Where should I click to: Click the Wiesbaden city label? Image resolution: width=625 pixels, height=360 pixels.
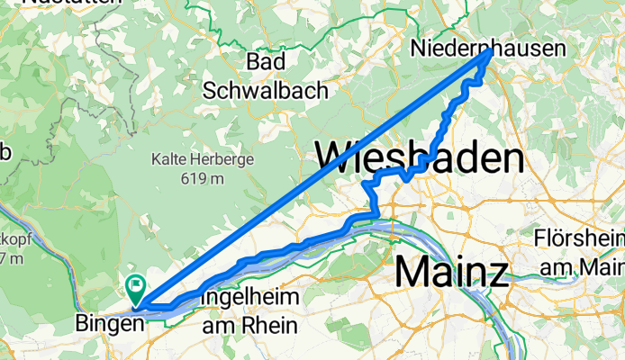tap(419, 159)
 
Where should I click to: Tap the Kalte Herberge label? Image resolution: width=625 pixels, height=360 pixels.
tap(203, 159)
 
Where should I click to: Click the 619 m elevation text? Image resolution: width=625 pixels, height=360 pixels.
tap(203, 178)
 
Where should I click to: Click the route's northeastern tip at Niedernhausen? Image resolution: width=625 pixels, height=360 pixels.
tap(489, 52)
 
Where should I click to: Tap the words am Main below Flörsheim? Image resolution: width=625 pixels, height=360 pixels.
tap(581, 267)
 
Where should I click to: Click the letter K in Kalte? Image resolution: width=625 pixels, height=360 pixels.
tap(157, 159)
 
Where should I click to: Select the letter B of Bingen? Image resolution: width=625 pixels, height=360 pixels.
tap(84, 322)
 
